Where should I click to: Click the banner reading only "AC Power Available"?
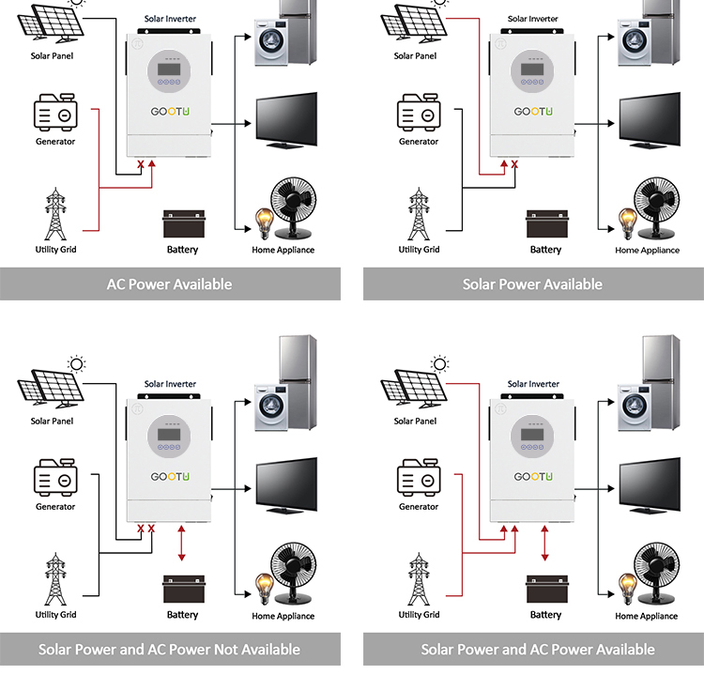170,284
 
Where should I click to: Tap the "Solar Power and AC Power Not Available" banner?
170,649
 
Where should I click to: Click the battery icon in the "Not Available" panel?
182,591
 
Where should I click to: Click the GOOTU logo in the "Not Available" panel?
171,477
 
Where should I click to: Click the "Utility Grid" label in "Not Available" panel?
55,615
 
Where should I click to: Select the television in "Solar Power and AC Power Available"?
649,485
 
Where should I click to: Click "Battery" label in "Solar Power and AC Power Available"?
545,615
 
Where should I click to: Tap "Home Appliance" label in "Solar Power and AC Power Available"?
647,616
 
